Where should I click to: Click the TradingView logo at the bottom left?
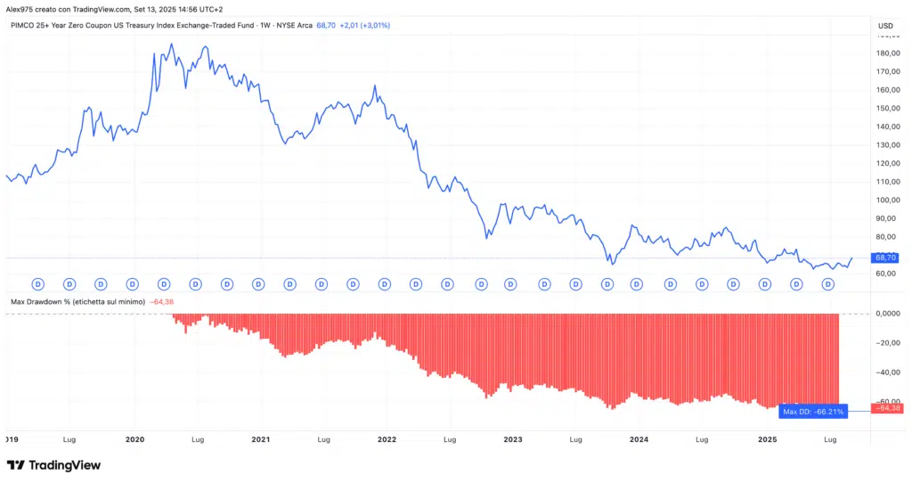point(53,465)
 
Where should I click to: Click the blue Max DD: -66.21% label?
point(812,411)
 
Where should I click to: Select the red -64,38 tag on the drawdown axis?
point(890,408)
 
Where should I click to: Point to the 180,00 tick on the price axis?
point(890,53)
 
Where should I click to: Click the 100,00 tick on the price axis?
point(890,200)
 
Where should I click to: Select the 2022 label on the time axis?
point(387,439)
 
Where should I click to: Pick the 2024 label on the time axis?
point(639,439)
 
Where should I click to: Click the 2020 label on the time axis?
point(135,439)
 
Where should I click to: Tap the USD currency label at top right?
point(885,25)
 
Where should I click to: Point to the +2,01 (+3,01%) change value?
point(365,25)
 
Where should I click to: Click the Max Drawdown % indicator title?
point(78,302)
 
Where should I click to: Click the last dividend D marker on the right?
point(827,283)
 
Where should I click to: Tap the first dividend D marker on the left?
point(38,283)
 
